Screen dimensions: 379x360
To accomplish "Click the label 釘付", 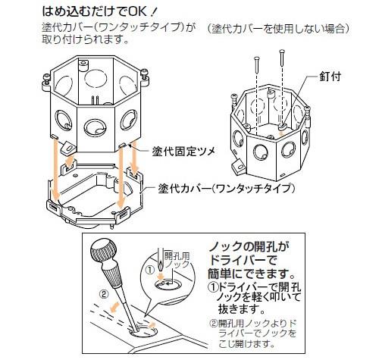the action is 330,77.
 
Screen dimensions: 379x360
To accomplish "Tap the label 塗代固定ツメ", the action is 183,152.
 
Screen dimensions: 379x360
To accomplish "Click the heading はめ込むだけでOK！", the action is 100,11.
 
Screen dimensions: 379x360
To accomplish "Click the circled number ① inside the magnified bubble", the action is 150,270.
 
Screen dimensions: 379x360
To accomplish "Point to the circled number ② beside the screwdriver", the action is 104,294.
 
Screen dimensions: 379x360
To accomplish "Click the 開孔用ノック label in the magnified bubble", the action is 177,260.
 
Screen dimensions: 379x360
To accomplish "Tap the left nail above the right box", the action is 257,65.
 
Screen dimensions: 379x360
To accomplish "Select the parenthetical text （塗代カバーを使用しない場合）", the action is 278,29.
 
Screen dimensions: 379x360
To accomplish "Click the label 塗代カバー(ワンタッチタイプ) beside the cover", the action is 227,189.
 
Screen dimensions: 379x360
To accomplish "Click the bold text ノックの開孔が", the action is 249,246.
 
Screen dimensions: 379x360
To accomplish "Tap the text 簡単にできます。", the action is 252,273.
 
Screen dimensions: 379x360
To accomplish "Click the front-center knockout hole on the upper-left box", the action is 95,127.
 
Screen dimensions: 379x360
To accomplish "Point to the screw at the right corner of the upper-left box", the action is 144,74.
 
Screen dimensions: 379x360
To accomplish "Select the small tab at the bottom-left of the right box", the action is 237,167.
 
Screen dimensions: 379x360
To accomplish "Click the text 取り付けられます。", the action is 86,39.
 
